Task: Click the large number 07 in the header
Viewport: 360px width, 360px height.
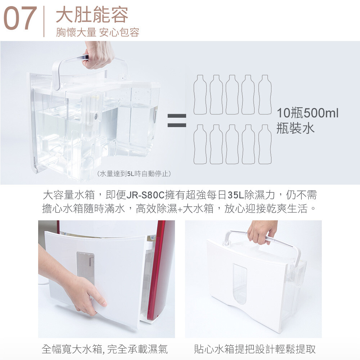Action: coord(20,18)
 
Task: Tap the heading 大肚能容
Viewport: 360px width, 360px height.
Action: coord(92,15)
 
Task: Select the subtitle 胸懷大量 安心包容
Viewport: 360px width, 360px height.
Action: coord(98,32)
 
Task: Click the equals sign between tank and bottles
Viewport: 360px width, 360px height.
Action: coord(177,120)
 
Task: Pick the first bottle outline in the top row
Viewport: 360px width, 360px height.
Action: coord(200,95)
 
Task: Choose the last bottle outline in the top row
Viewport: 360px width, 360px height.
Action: coord(265,95)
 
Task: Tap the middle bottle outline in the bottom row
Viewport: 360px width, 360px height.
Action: coord(232,144)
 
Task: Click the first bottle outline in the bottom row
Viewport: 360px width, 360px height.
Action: coord(200,144)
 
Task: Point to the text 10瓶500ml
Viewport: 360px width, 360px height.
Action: coord(307,113)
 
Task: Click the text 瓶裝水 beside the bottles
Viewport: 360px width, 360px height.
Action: coord(295,128)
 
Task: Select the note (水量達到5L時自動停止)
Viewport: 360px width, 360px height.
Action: coord(134,174)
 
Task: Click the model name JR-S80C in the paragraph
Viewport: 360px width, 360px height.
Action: coord(145,195)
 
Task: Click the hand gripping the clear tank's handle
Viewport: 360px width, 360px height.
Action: coord(98,55)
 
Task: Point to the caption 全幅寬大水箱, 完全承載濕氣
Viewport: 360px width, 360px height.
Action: coord(105,349)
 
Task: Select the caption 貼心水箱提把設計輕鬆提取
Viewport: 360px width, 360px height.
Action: coord(255,349)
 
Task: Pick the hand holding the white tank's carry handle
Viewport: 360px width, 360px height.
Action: coord(262,232)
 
